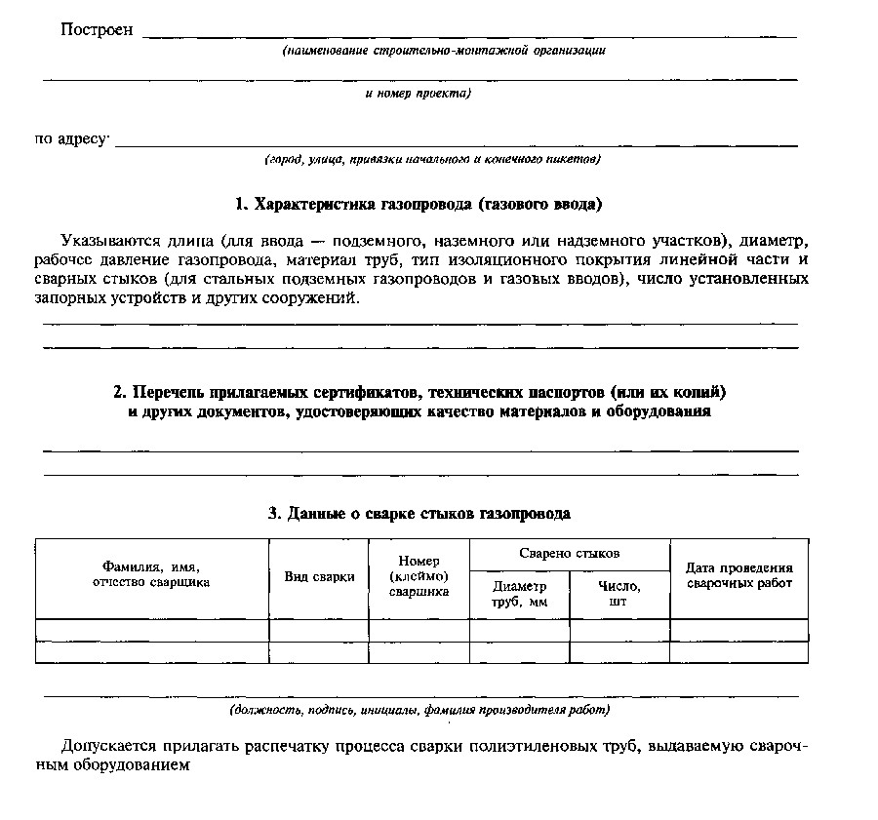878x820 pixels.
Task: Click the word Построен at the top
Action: pyautogui.click(x=96, y=30)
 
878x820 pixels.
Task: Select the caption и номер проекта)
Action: pyautogui.click(x=418, y=94)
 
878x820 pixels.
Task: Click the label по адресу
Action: pyautogui.click(x=71, y=139)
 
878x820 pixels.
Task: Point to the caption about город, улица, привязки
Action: pyautogui.click(x=432, y=158)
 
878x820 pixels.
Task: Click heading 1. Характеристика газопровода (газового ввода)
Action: pyautogui.click(x=419, y=205)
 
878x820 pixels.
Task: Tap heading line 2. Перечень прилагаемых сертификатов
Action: pyautogui.click(x=419, y=392)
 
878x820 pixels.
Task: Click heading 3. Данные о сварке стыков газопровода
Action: pyautogui.click(x=419, y=513)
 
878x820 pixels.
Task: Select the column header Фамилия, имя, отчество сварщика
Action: pyautogui.click(x=151, y=574)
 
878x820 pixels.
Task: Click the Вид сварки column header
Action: pyautogui.click(x=319, y=576)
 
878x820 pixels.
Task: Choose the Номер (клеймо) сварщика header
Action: pyautogui.click(x=419, y=576)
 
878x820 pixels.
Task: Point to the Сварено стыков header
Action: pyautogui.click(x=569, y=553)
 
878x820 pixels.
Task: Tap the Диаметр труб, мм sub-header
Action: pyautogui.click(x=519, y=594)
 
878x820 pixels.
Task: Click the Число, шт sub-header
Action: pyautogui.click(x=619, y=594)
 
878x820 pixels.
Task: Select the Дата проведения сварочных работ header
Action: pyautogui.click(x=738, y=575)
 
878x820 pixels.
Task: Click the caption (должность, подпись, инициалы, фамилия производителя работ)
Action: pyautogui.click(x=419, y=710)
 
